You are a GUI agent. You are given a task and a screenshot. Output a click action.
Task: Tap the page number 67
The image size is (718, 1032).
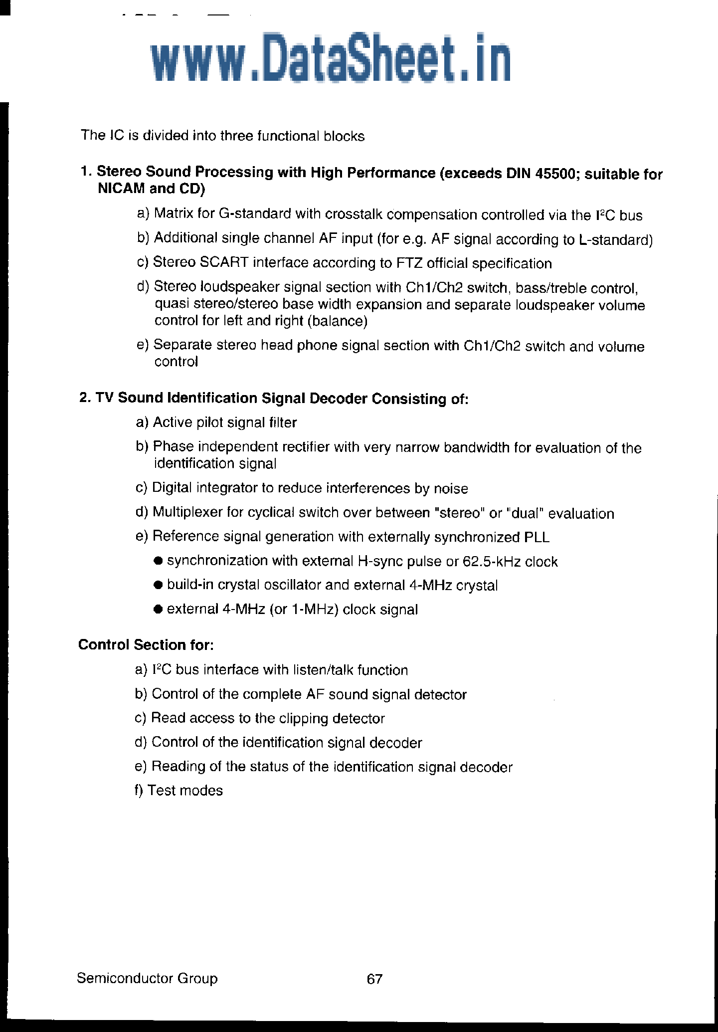click(374, 979)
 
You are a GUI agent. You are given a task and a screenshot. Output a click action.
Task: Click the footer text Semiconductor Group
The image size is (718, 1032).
click(147, 978)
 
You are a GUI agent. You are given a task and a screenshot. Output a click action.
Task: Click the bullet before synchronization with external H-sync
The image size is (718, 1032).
click(159, 561)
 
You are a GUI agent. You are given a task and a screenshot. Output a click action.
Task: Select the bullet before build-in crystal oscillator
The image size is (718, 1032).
click(159, 585)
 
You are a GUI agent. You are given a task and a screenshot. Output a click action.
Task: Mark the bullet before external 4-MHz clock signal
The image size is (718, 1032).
click(159, 609)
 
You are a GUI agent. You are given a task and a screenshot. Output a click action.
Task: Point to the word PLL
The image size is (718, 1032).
click(537, 538)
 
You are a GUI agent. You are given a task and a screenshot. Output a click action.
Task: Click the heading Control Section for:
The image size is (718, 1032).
click(146, 645)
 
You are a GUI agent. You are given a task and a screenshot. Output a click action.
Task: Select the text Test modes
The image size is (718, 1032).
click(185, 791)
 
